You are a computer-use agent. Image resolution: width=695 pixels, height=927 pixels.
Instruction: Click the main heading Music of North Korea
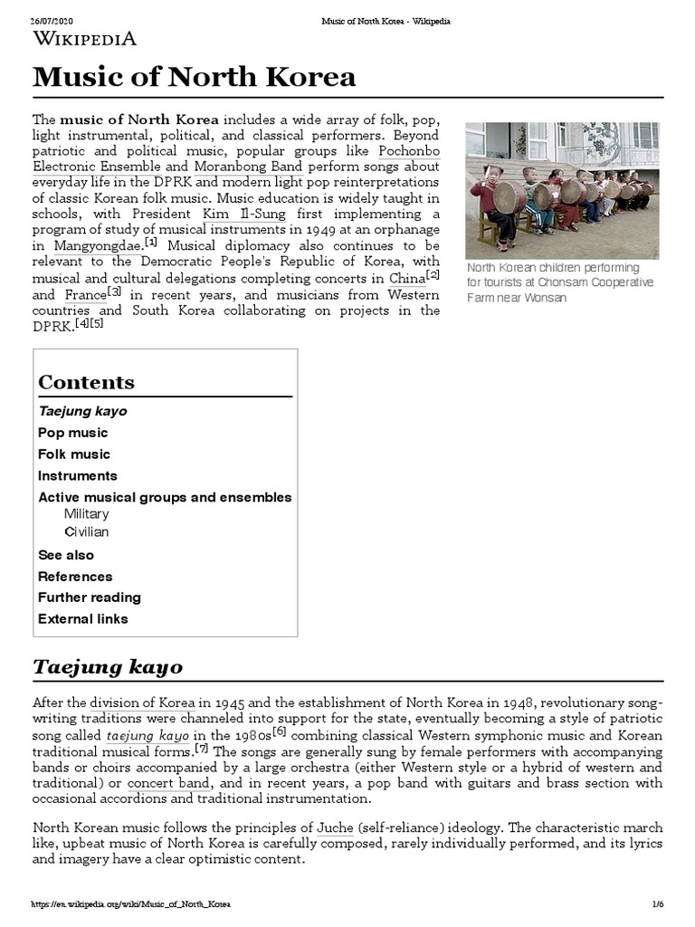pos(195,77)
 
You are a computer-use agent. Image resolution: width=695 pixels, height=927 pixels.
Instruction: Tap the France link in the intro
pos(85,294)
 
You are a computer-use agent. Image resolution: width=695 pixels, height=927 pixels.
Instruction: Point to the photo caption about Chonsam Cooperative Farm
pos(559,282)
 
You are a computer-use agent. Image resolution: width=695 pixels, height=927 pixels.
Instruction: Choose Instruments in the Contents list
pos(78,475)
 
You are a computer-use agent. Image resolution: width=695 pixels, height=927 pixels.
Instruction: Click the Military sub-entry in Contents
pos(86,513)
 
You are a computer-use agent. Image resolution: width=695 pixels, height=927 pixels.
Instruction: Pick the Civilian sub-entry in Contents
pos(86,531)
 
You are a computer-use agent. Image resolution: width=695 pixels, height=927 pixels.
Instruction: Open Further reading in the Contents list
pos(90,597)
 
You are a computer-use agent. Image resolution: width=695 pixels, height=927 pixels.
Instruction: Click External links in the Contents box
pos(83,618)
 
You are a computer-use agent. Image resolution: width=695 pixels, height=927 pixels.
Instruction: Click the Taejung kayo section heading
pos(108,667)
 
